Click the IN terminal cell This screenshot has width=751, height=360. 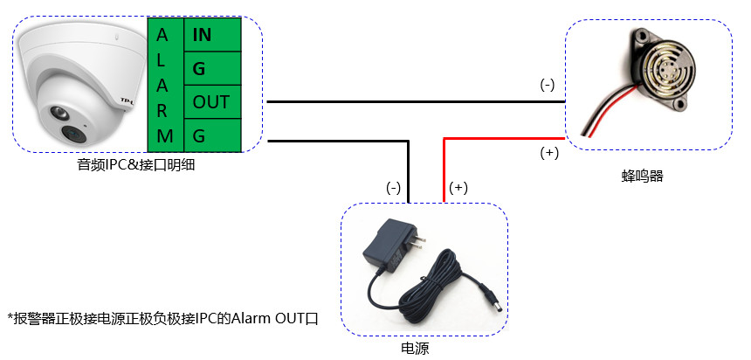click(x=210, y=35)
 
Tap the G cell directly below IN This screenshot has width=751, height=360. click(x=210, y=68)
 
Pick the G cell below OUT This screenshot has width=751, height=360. click(x=210, y=135)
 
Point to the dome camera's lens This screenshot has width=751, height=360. click(x=70, y=133)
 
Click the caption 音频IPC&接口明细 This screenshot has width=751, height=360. click(x=135, y=163)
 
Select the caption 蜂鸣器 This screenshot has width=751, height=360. click(x=643, y=176)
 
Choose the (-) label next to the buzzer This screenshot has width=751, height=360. click(x=548, y=86)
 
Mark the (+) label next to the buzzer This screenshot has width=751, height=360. click(x=550, y=153)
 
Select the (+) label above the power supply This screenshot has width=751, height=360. click(x=458, y=188)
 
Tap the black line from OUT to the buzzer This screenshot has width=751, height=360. click(x=410, y=101)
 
